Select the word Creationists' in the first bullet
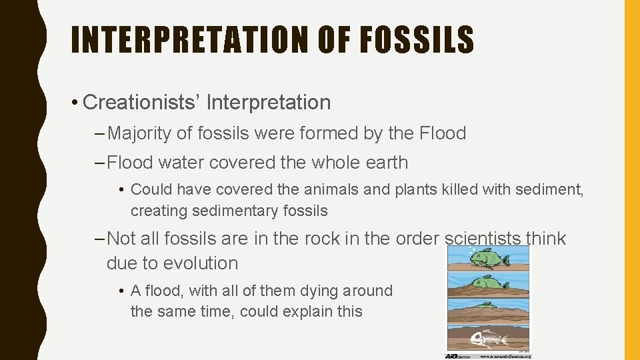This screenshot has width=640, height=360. (141, 103)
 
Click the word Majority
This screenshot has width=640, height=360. (139, 133)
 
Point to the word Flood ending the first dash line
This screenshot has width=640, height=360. (442, 133)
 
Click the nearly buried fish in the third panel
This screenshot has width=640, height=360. (487, 305)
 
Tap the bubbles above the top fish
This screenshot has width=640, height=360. (473, 250)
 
